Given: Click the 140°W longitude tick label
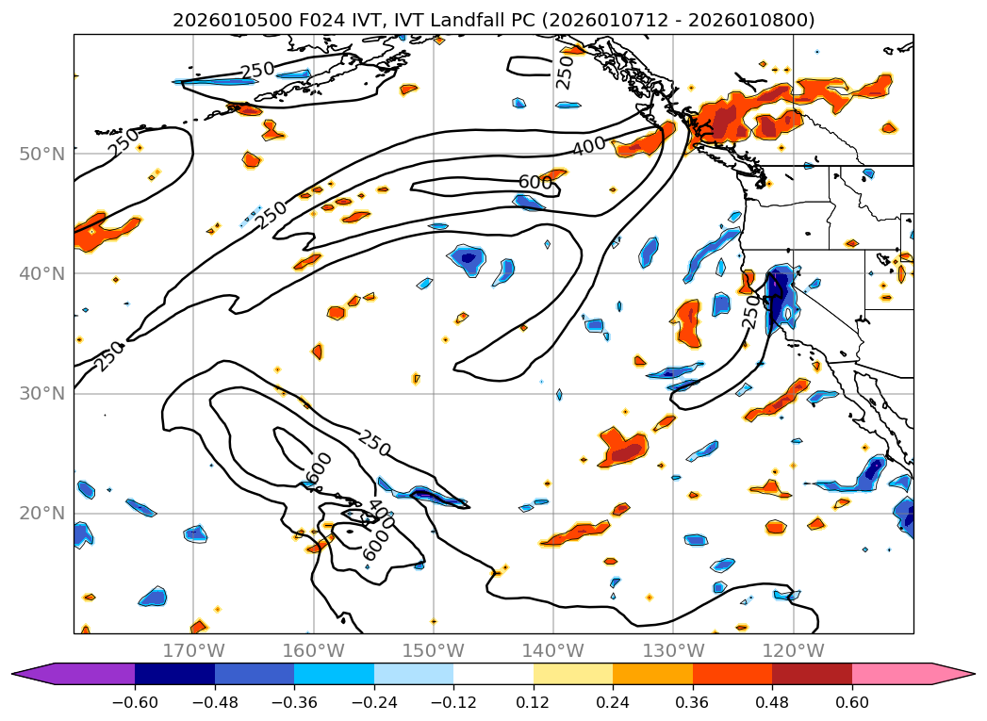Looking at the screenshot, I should tap(553, 650).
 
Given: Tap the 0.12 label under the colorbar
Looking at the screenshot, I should tap(534, 703).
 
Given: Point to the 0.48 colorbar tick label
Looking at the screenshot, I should tap(772, 703).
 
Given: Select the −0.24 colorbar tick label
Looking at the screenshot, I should tap(373, 703).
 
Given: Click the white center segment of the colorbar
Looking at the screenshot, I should tap(493, 674).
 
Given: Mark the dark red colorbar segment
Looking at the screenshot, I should tap(812, 674).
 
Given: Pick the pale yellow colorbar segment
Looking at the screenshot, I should tap(572, 674).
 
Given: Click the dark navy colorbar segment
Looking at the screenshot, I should tap(174, 674).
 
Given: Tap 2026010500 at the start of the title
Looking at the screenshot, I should tap(219, 20).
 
